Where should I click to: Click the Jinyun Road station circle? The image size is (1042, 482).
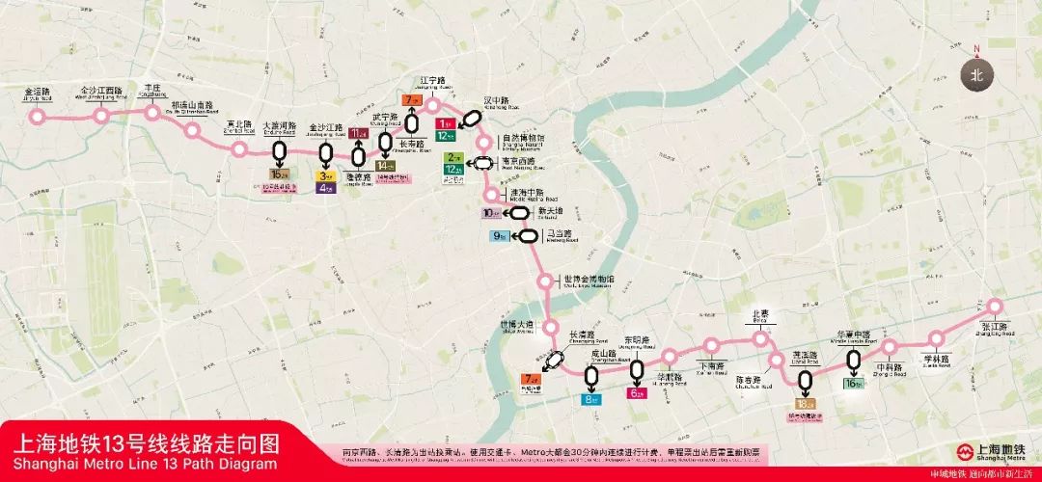click(x=39, y=117)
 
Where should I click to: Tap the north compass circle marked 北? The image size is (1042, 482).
click(x=976, y=73)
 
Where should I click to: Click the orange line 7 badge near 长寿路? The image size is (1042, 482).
click(x=412, y=100)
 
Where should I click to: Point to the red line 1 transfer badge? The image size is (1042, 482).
click(x=445, y=123)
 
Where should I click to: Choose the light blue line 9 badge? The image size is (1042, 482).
click(x=500, y=235)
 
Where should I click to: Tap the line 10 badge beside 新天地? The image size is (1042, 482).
click(x=492, y=213)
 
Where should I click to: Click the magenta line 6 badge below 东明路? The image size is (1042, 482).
click(x=637, y=392)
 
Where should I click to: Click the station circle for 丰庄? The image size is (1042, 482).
click(x=151, y=112)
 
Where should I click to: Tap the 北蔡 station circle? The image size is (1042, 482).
click(x=761, y=338)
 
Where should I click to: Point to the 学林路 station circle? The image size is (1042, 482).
click(x=935, y=338)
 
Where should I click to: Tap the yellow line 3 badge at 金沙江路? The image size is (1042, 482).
click(x=326, y=175)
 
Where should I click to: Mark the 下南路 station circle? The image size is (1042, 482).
click(x=712, y=345)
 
